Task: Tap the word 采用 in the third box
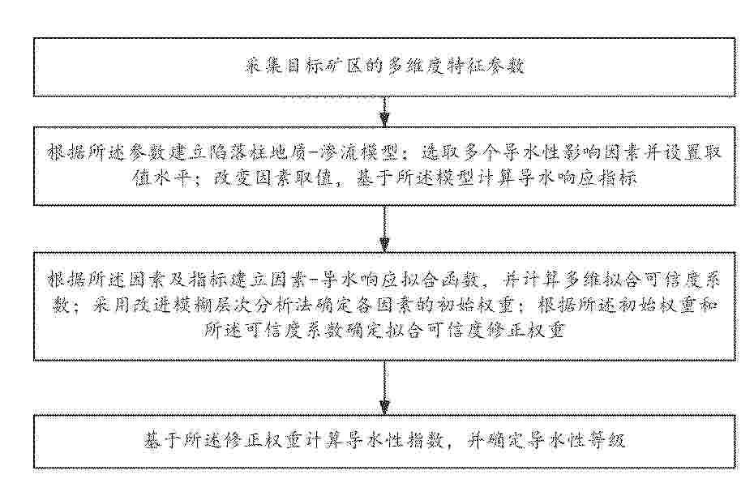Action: [112, 306]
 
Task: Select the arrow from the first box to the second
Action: [384, 112]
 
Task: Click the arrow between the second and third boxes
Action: [384, 229]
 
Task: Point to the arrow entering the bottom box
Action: [384, 387]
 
